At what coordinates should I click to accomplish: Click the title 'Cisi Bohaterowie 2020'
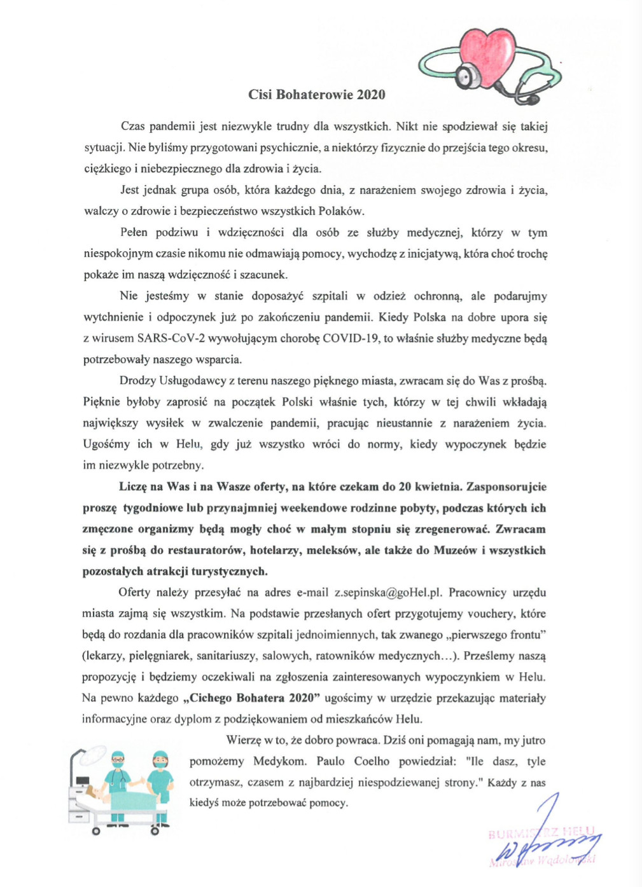point(316,95)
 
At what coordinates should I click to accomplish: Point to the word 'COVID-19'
point(351,338)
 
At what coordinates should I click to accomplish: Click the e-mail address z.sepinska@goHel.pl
point(387,593)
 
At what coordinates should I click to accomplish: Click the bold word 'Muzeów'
point(455,550)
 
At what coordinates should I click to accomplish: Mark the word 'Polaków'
point(340,211)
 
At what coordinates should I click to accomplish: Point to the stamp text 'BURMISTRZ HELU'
point(541,832)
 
